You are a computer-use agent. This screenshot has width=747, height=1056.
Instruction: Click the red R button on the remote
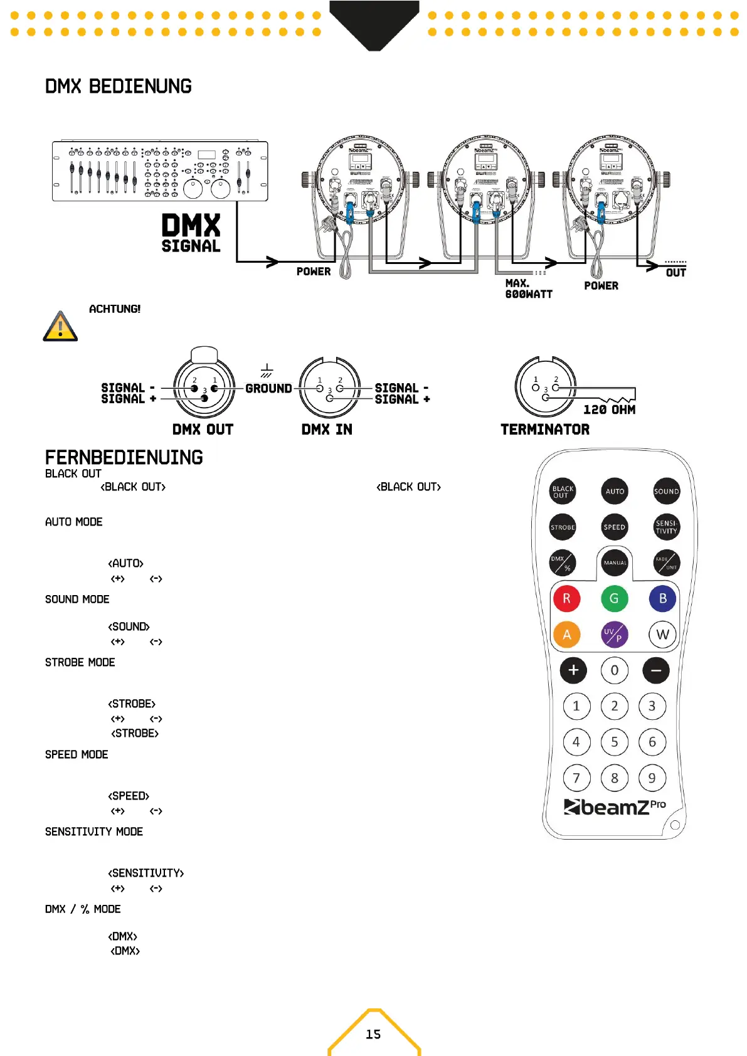coord(566,598)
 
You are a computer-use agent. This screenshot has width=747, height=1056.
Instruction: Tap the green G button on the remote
coord(614,598)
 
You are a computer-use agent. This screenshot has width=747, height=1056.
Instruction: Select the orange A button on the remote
coord(566,635)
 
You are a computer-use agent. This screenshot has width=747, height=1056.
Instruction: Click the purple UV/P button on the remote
coord(614,635)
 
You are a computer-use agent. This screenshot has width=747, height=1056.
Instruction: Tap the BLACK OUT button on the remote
coord(563,492)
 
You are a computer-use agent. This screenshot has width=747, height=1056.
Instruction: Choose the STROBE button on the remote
coord(563,527)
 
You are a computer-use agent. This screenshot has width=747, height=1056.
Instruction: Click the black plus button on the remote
coord(573,670)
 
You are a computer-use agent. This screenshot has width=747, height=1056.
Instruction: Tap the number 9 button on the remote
coord(652,778)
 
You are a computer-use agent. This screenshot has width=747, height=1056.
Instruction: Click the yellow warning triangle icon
coord(60,326)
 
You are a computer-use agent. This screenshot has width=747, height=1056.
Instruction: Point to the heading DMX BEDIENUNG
coord(119,87)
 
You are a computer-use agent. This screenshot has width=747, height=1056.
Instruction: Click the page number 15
coord(373,1034)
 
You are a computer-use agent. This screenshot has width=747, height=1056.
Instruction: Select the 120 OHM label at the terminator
coord(609,409)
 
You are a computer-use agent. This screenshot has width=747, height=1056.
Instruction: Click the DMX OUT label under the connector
coord(203,430)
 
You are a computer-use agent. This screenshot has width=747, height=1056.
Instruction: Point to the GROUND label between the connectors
coord(268,388)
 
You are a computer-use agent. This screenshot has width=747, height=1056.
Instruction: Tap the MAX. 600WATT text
coord(528,288)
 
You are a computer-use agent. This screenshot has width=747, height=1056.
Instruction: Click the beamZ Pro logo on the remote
coord(614,806)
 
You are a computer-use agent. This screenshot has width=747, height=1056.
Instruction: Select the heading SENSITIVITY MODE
coord(94,832)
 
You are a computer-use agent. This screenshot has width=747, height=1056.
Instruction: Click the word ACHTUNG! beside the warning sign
coord(115,309)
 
